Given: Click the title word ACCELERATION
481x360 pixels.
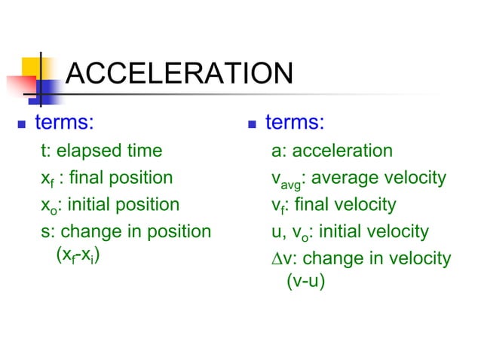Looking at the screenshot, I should pyautogui.click(x=179, y=74).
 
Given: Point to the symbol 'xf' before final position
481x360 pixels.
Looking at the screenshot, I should pyautogui.click(x=47, y=179).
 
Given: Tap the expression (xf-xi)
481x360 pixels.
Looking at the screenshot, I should pyautogui.click(x=79, y=255).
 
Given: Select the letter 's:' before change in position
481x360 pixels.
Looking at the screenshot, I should pyautogui.click(x=47, y=231).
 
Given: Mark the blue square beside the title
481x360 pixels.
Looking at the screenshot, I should pyautogui.click(x=50, y=90).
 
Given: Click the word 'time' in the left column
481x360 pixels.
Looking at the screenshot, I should pyautogui.click(x=144, y=151).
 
